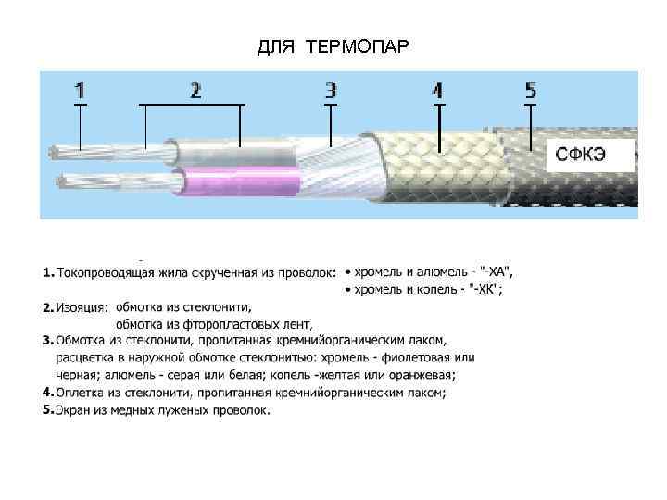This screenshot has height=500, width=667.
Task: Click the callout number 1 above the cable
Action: [x=80, y=91]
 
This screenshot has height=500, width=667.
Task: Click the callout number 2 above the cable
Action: [x=195, y=91]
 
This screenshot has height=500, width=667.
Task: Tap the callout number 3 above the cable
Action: [x=331, y=91]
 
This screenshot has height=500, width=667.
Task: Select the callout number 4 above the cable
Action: [x=438, y=91]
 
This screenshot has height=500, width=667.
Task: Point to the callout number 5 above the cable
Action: [x=530, y=91]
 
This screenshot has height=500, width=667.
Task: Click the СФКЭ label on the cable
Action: [x=581, y=155]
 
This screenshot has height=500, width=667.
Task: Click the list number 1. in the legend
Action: [x=48, y=273]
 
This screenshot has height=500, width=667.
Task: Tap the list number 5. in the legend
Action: [x=48, y=409]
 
